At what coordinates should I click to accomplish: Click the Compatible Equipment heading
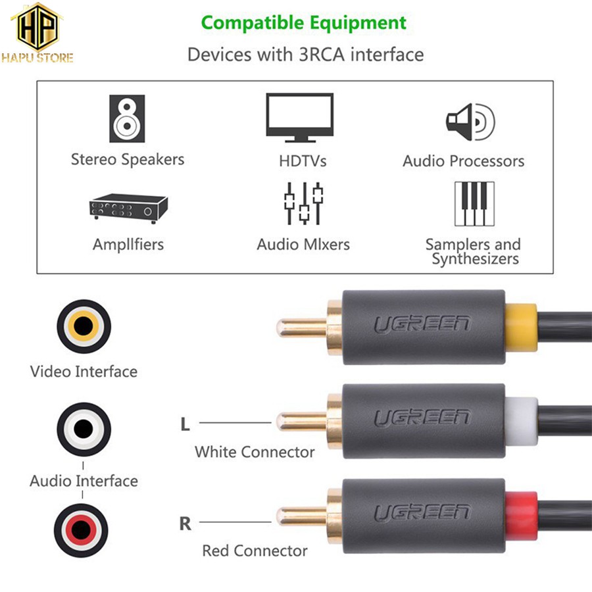304,23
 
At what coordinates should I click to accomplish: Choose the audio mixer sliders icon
303,203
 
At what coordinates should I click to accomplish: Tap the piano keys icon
474,203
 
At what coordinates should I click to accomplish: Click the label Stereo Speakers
128,159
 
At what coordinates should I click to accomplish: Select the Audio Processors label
464,161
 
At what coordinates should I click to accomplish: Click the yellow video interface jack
84,326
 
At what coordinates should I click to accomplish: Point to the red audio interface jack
84,527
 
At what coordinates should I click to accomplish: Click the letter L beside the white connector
185,424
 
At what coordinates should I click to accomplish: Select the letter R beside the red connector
185,524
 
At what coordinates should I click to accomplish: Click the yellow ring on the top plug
521,324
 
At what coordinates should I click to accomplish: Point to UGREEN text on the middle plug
422,418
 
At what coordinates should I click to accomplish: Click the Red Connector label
255,551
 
